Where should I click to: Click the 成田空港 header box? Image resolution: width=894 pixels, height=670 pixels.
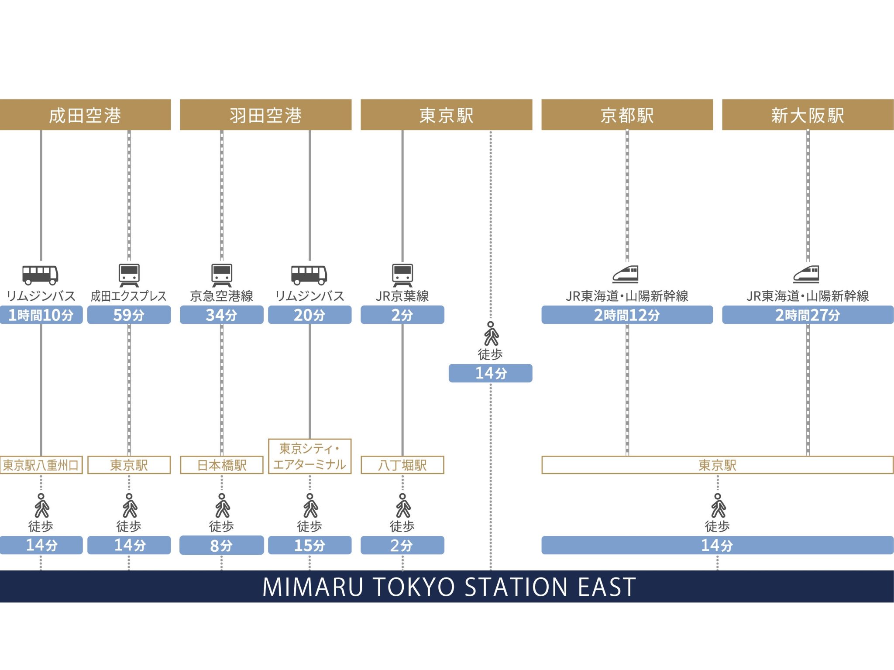[85, 115]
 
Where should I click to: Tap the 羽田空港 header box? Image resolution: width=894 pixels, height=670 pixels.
[265, 115]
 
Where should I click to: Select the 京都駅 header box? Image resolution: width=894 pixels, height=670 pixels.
[627, 115]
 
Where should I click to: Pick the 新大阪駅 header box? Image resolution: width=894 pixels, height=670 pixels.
[808, 115]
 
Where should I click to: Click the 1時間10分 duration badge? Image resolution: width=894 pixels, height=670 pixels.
[41, 315]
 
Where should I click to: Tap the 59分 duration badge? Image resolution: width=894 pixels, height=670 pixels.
[129, 315]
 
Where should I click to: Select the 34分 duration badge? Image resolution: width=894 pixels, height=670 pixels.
[221, 315]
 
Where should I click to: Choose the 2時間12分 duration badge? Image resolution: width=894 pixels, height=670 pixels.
[627, 315]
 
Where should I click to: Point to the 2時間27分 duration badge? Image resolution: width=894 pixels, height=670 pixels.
[808, 315]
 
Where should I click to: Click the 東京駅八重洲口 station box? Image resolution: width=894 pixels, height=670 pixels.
[41, 465]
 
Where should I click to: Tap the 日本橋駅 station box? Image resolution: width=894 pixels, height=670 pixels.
[221, 465]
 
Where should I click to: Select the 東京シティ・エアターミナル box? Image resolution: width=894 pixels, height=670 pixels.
[309, 456]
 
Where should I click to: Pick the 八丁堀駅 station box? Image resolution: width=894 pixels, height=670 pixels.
[402, 465]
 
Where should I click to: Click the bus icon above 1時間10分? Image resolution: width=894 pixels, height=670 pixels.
[40, 275]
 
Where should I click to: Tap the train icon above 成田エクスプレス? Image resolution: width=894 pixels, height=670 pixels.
[129, 275]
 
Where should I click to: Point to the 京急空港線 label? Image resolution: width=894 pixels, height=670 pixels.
[221, 296]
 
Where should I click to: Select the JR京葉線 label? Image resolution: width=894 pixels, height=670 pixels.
[402, 296]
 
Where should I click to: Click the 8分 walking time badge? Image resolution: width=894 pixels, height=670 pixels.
[221, 545]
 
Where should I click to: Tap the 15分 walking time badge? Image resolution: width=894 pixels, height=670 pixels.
[309, 545]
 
